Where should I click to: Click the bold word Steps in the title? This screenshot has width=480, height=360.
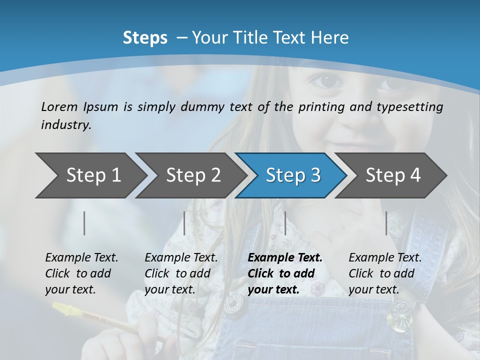(145, 38)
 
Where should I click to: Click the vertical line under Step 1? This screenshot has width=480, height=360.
(84, 223)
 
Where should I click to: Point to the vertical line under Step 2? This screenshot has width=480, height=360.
(184, 223)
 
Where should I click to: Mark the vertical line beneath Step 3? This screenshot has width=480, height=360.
(285, 223)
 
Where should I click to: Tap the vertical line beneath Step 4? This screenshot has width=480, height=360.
(386, 223)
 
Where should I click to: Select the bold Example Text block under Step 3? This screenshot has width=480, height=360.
(285, 273)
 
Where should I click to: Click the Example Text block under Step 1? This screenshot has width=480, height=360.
(81, 273)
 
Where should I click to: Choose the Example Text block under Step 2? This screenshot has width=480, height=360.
(181, 273)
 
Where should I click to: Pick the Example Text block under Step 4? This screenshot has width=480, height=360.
(385, 273)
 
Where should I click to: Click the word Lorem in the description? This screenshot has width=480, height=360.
(59, 106)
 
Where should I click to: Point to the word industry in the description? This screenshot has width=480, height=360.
(66, 124)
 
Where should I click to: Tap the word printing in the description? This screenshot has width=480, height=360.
(320, 107)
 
